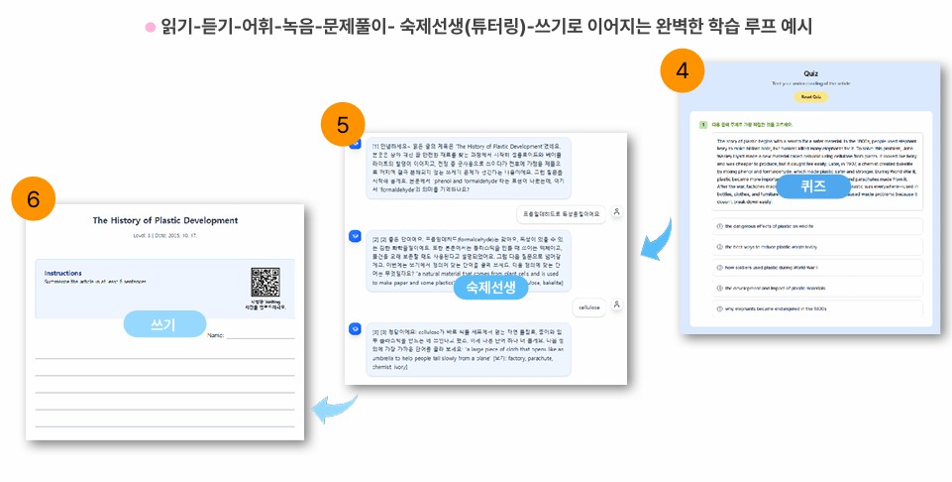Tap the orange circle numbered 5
tap(342, 125)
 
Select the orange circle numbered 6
tap(33, 198)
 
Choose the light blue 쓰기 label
tap(164, 324)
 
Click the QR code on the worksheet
tap(264, 284)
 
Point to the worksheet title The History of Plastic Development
tap(164, 220)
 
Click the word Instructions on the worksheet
tap(63, 273)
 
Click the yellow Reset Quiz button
tap(810, 96)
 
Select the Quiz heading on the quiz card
tap(810, 73)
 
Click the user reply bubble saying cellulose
tap(589, 307)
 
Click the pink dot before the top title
tap(151, 27)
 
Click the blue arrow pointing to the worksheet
tap(332, 406)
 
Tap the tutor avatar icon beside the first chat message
tap(354, 144)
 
